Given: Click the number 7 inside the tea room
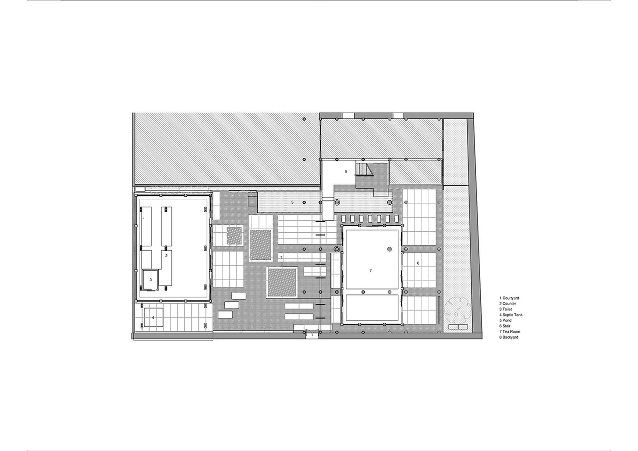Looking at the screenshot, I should tap(370, 271).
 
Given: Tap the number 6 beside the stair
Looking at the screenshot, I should tap(345, 171).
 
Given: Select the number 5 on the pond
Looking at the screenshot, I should tap(293, 202).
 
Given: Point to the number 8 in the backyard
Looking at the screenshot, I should tap(418, 263).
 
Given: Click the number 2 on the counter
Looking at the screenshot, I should tap(166, 256).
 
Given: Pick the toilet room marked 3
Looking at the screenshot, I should tap(150, 280).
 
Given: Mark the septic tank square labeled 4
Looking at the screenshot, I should tap(154, 317).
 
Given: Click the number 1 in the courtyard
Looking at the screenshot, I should tap(282, 257).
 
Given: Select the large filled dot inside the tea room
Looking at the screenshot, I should tap(389, 249).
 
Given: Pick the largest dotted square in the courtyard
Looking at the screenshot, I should tap(282, 283).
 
